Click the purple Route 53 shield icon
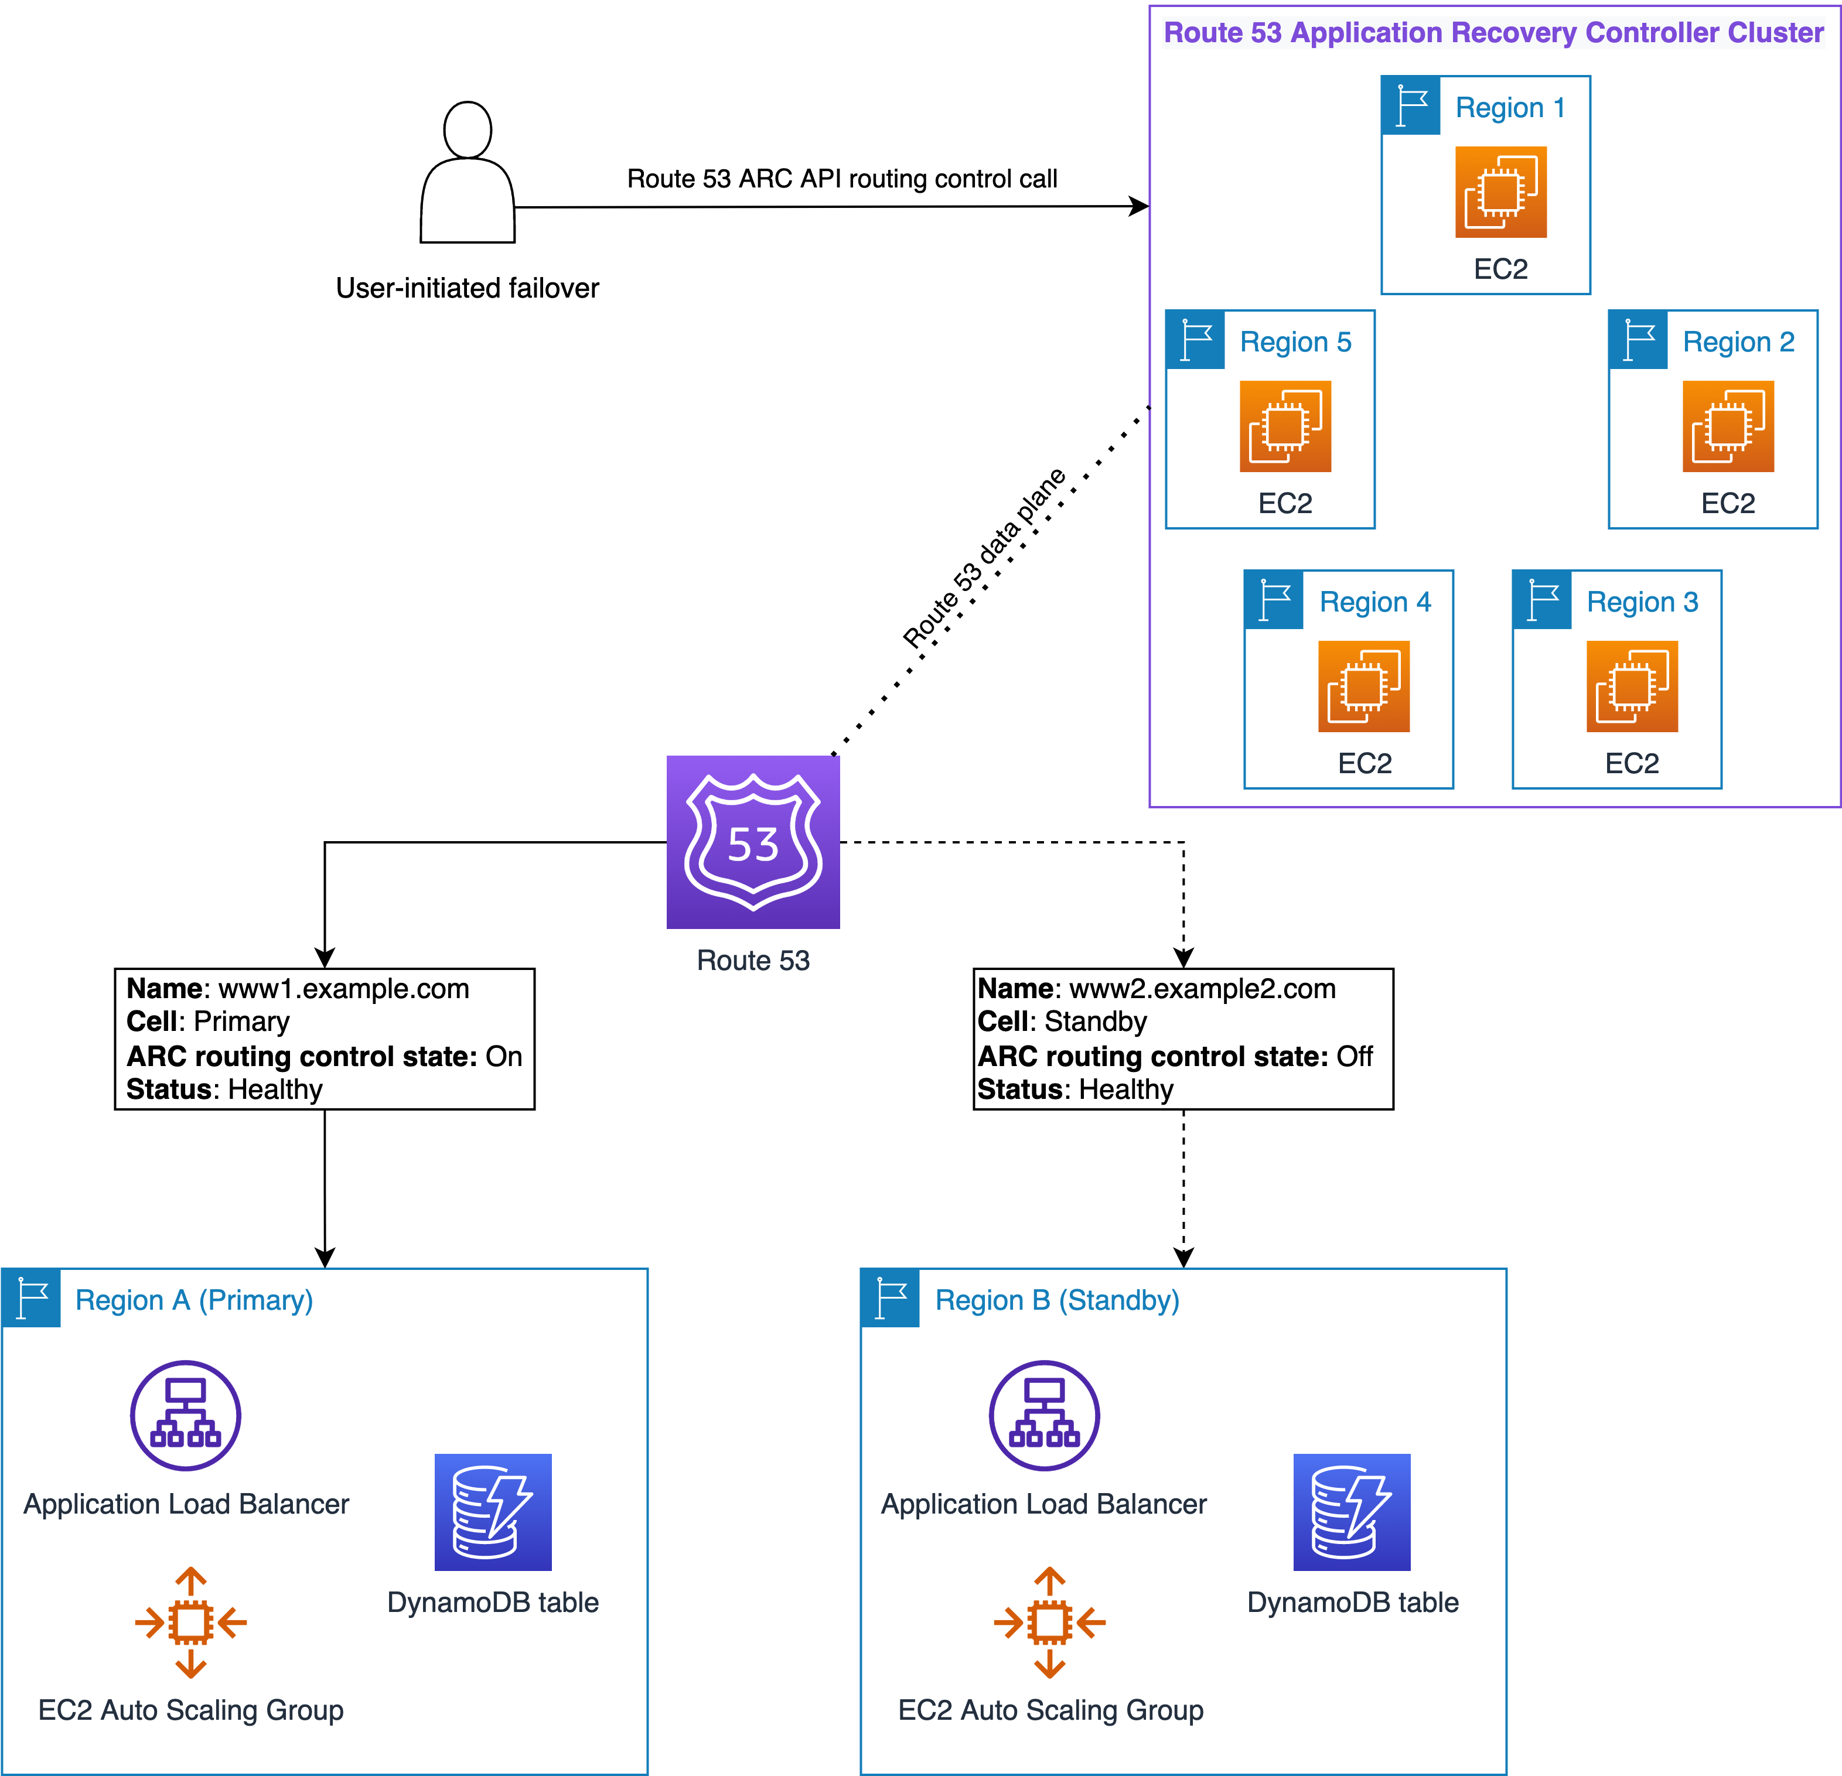pos(753,842)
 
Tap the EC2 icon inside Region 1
pos(1501,192)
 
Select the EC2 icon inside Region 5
pos(1285,426)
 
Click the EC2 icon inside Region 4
pos(1364,686)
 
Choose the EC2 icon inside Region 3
pos(1632,686)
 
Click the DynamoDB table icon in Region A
pos(493,1512)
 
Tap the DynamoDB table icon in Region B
pos(1352,1512)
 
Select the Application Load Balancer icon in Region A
pos(185,1415)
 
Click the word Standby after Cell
pos(1095,1022)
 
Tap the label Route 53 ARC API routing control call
pos(842,179)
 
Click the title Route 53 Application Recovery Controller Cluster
pos(1493,33)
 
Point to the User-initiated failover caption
pos(467,288)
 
